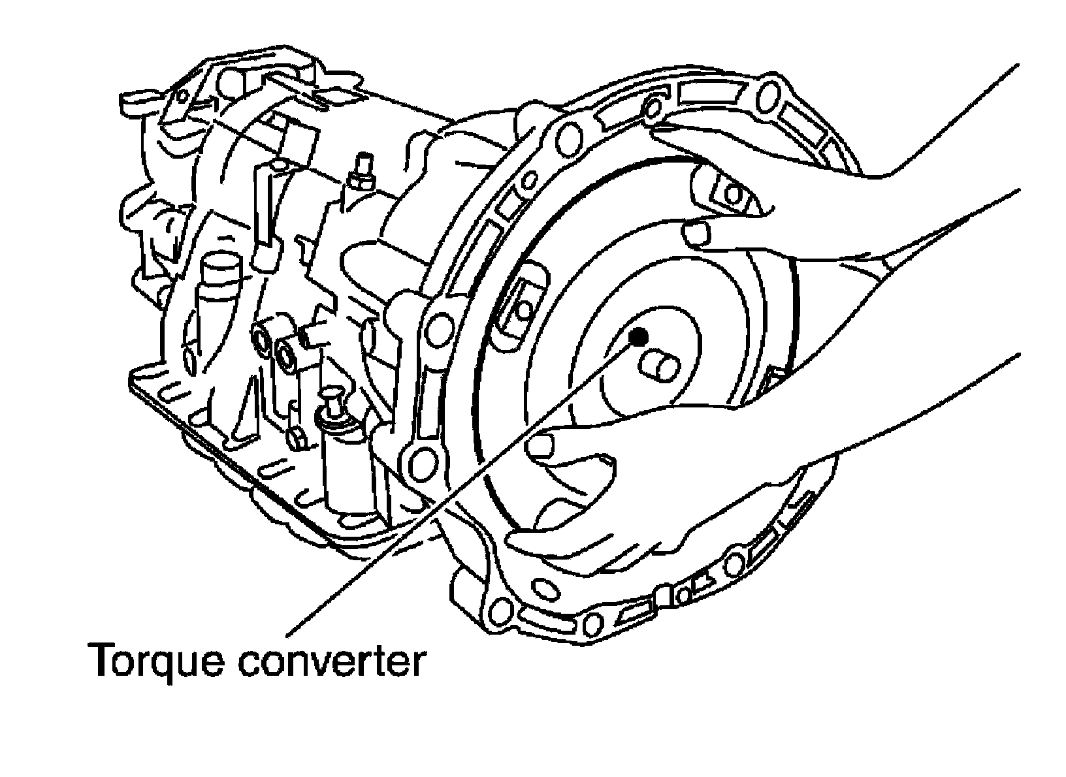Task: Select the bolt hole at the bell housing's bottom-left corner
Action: (x=498, y=612)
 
